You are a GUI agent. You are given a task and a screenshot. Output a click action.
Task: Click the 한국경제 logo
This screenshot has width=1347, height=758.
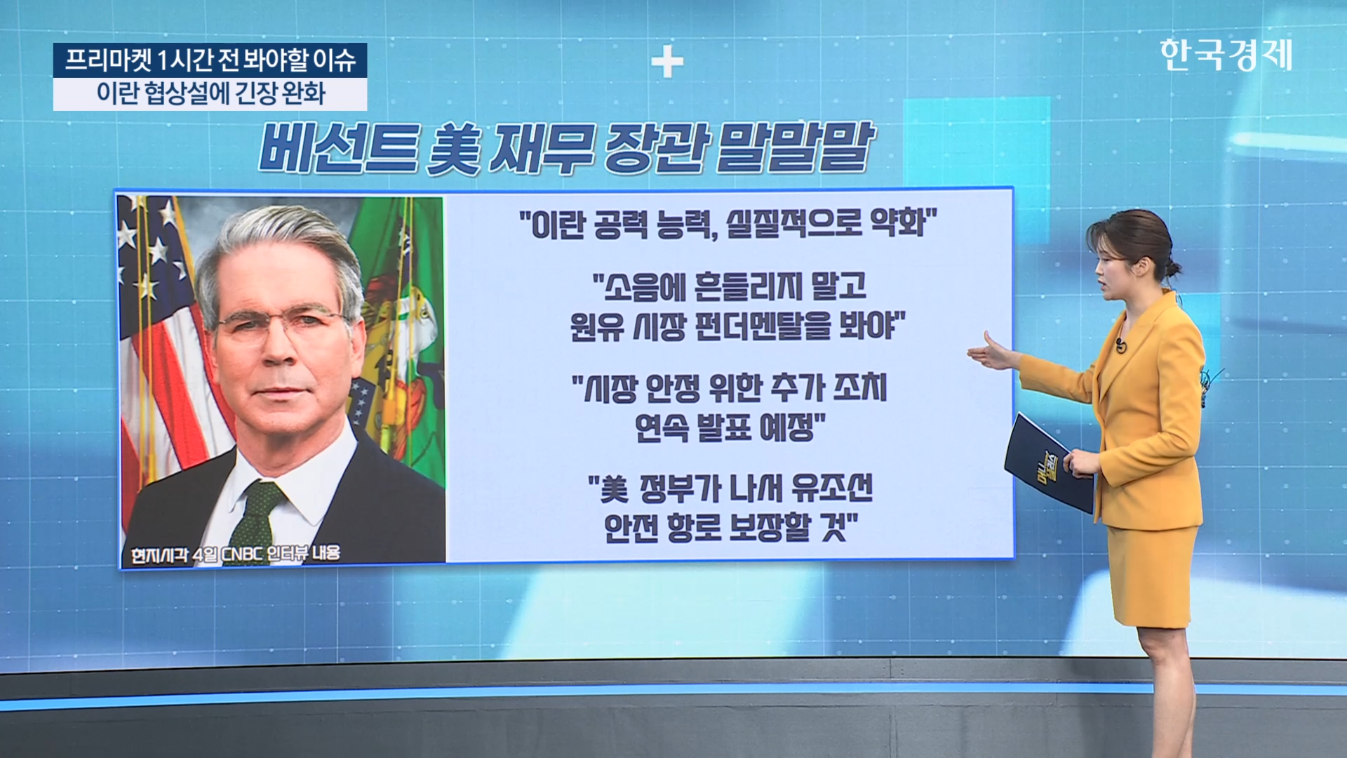(1226, 55)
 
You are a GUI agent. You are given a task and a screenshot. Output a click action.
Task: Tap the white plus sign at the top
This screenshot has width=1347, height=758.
(667, 62)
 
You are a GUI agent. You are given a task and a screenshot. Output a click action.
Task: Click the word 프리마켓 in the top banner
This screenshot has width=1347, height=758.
(108, 60)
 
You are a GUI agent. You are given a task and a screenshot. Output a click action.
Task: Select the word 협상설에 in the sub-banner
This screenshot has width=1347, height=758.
(187, 93)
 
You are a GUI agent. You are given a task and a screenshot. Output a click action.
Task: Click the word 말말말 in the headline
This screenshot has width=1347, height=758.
(795, 147)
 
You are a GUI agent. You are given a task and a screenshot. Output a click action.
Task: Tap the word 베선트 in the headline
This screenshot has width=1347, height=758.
(340, 148)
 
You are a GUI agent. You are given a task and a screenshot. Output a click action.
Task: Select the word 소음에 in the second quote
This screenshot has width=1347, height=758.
(636, 286)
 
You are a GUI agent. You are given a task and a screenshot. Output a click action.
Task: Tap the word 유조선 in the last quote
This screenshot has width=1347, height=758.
(832, 488)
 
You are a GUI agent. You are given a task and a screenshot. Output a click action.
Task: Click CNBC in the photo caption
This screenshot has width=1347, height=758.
(243, 554)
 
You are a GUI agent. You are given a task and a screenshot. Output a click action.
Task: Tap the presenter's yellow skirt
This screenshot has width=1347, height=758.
(1152, 576)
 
